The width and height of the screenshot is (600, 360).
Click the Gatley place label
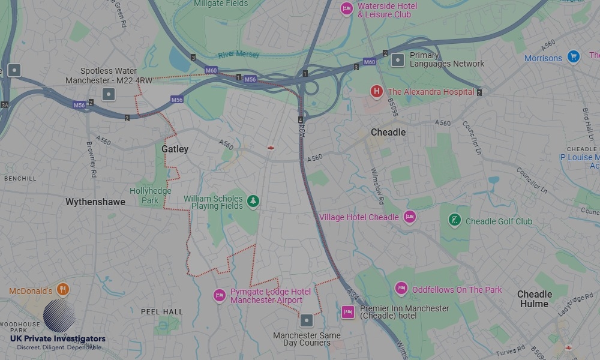[175, 149]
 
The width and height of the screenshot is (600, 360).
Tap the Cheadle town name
[388, 132]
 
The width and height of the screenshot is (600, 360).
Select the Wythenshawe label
[95, 202]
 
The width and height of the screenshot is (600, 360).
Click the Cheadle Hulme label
[534, 299]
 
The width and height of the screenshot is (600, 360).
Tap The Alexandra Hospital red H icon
[376, 91]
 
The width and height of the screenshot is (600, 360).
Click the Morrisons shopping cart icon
[574, 56]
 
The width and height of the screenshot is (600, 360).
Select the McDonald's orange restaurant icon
[63, 290]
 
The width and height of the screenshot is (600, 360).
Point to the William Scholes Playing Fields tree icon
[253, 202]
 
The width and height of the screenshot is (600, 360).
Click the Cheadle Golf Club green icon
[455, 220]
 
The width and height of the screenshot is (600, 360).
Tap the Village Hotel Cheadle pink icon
[409, 217]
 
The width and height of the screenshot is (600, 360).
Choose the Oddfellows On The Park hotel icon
[401, 289]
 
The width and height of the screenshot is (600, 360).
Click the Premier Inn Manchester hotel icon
[347, 311]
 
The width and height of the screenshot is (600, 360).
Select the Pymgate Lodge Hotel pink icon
[220, 295]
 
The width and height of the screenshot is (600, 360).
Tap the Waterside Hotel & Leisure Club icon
[346, 8]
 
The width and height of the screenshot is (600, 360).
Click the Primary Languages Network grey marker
[397, 59]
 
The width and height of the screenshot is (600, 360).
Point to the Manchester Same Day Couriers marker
[307, 320]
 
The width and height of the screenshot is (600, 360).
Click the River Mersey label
[239, 55]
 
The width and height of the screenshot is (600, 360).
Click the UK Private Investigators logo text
[58, 339]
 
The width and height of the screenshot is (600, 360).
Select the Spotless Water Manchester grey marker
[108, 94]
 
